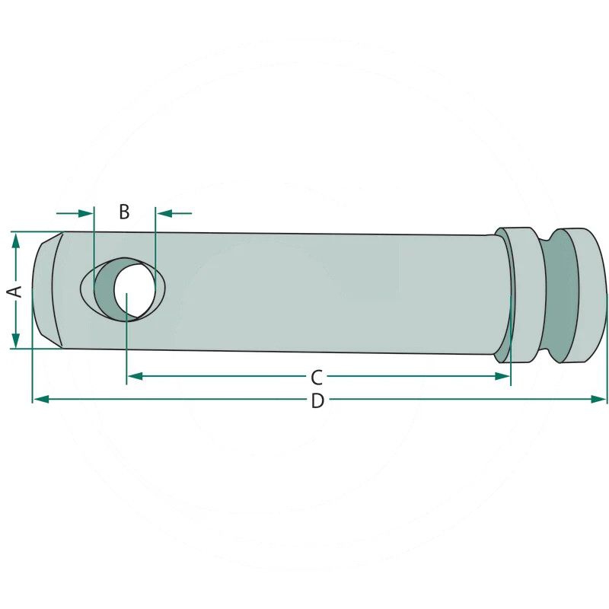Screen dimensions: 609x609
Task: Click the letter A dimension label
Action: tap(15, 291)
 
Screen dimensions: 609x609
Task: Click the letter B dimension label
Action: tap(124, 212)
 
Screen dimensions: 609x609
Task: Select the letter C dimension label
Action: tap(317, 377)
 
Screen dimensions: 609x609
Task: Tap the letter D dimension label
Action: tap(317, 401)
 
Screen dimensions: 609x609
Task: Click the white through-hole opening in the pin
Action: tap(134, 289)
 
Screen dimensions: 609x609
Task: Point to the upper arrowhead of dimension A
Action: tap(15, 241)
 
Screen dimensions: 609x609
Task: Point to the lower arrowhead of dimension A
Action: tap(15, 340)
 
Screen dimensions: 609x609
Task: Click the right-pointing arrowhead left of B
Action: tap(86, 213)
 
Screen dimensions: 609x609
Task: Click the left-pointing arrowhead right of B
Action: tap(164, 213)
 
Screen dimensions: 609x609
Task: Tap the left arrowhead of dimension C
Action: tap(136, 376)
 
